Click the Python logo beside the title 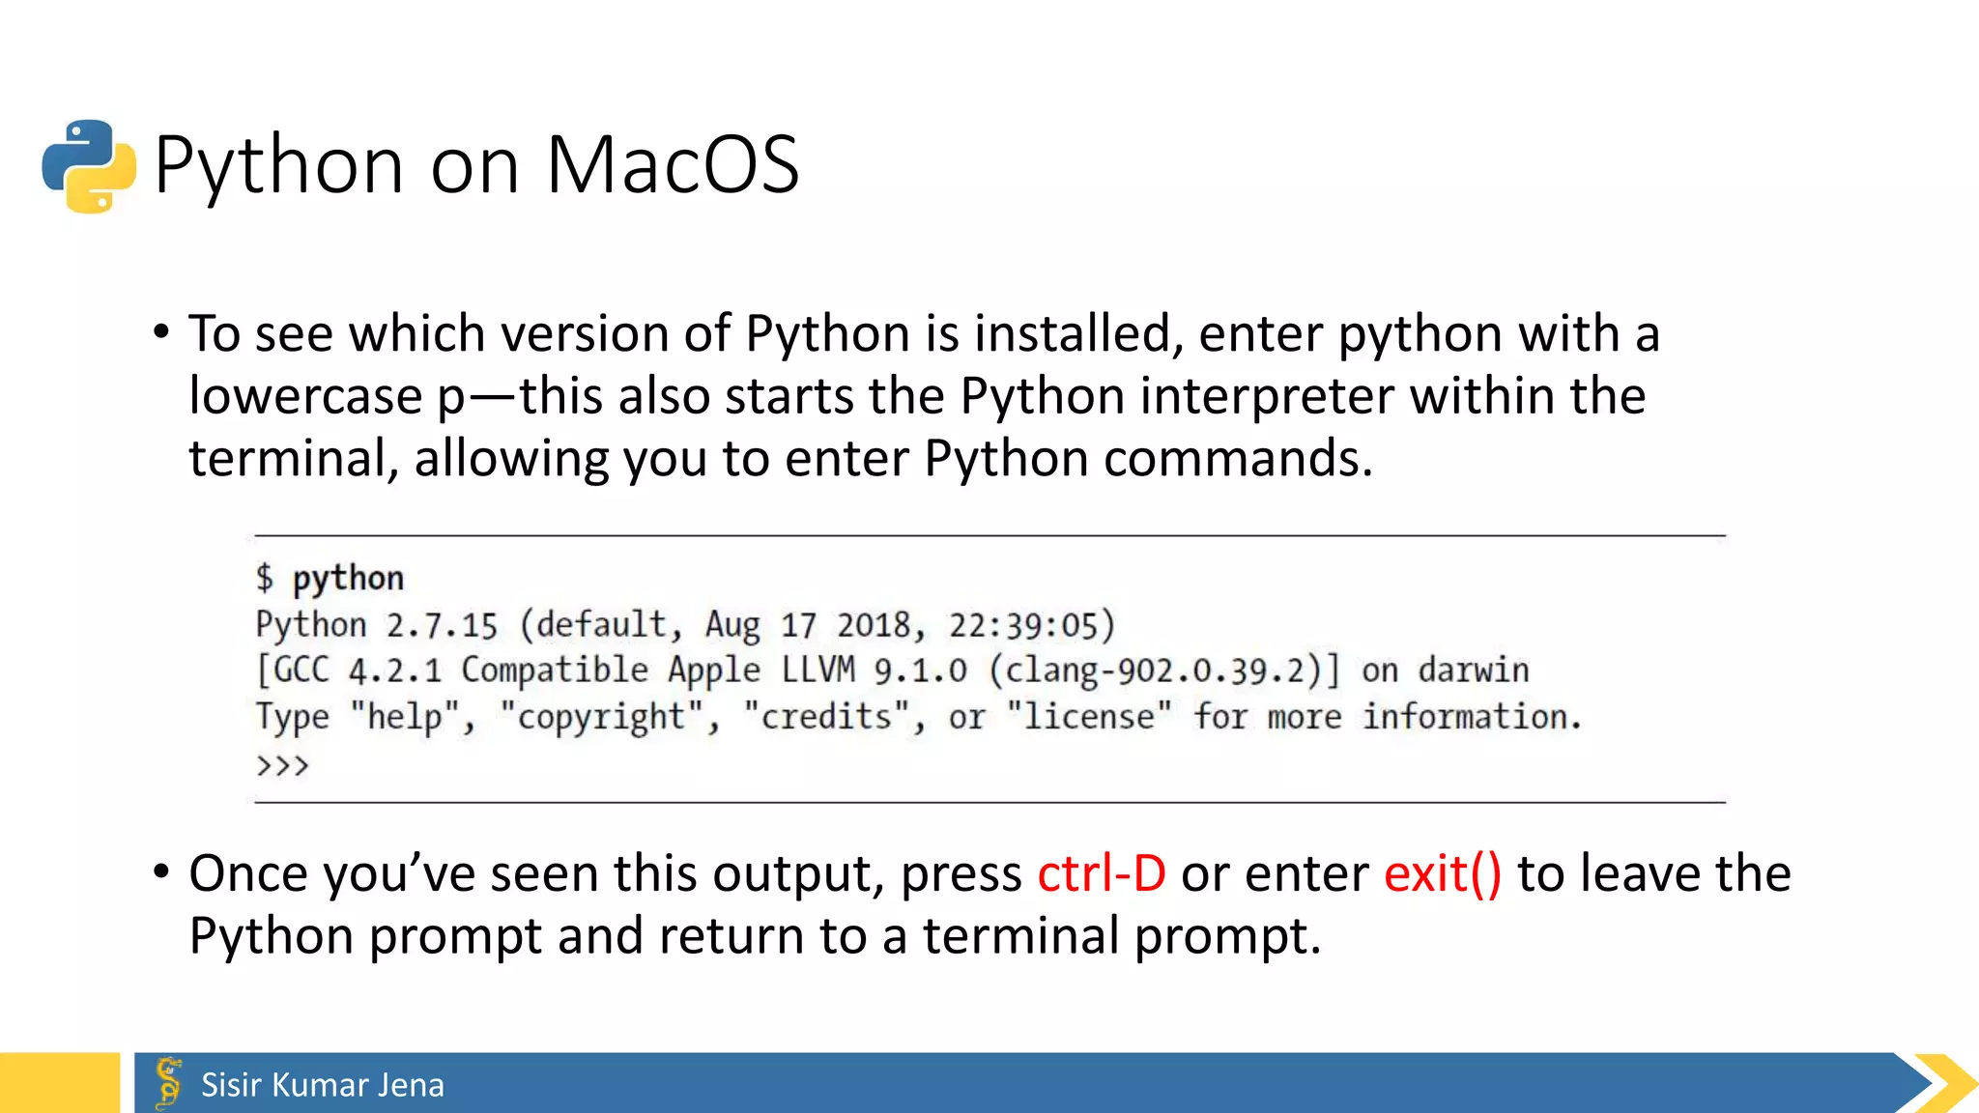click(89, 166)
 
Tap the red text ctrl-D click(1102, 874)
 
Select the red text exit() click(1443, 874)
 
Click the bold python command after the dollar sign click(348, 579)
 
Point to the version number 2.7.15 click(442, 626)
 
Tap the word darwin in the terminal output click(1474, 671)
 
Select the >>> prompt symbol click(282, 766)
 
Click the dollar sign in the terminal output click(265, 579)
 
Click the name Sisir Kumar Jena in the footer click(323, 1085)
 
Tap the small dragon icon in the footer click(169, 1082)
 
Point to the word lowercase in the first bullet click(306, 397)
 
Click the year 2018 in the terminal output click(874, 626)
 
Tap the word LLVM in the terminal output click(817, 671)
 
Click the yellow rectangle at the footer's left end click(60, 1083)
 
